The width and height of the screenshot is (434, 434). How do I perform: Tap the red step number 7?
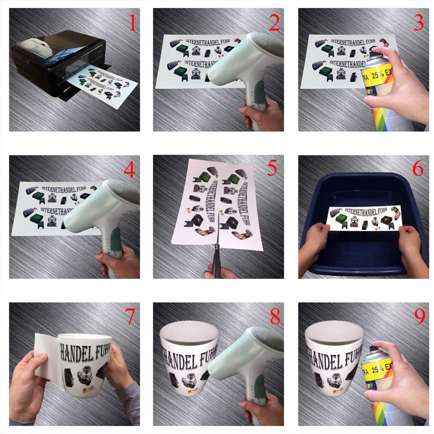point(130,317)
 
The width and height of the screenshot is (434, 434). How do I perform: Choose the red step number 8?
point(274,317)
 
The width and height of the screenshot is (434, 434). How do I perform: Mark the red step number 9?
point(418,317)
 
